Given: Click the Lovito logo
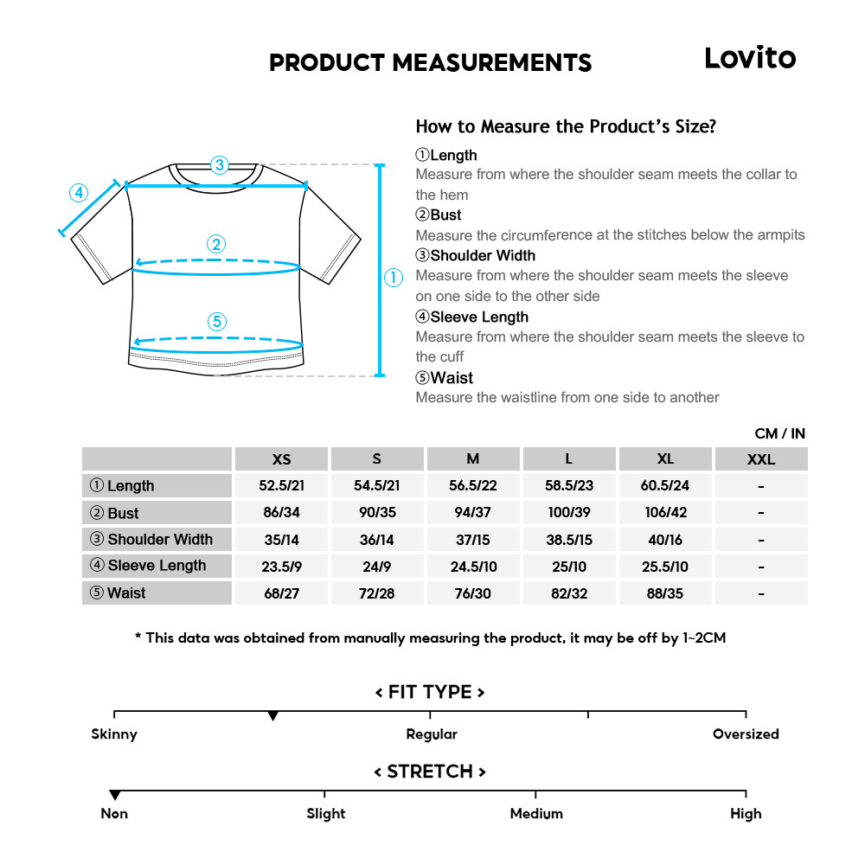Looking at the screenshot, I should (x=749, y=58).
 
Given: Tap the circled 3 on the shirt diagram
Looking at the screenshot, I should (x=220, y=164).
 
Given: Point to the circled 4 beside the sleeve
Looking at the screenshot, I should (x=79, y=192).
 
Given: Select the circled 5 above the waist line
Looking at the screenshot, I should (x=217, y=322).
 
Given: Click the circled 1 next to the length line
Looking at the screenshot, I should (x=394, y=278).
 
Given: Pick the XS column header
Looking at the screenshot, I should (x=281, y=459).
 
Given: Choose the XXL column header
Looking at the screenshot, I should (x=760, y=459).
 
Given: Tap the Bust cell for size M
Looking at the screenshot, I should (x=472, y=512).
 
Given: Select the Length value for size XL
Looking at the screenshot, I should (x=664, y=485).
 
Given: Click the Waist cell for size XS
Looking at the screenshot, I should (x=281, y=593).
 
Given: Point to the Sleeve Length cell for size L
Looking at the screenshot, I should (x=568, y=566).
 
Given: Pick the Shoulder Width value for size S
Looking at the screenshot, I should (x=376, y=539).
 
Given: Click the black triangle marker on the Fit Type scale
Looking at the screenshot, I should (x=273, y=716).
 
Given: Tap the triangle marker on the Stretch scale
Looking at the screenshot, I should (x=114, y=795).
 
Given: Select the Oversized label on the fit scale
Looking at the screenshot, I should (x=746, y=734).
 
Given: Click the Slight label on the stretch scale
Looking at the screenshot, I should (x=326, y=814).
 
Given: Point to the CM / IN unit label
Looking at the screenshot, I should (x=779, y=433).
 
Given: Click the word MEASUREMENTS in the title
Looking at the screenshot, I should (x=492, y=63).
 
